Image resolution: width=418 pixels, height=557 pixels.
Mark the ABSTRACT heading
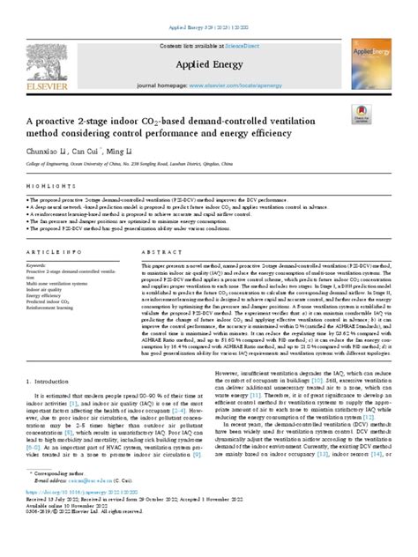click(x=159, y=251)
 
